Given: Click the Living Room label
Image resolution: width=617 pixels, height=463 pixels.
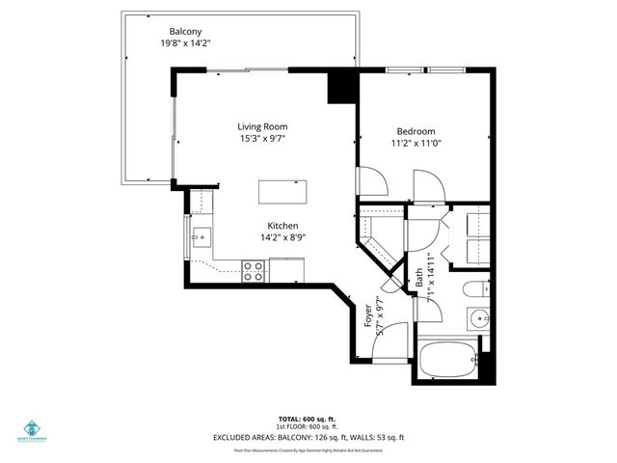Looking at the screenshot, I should (x=263, y=126).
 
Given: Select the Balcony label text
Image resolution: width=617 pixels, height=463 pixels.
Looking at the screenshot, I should (x=186, y=31).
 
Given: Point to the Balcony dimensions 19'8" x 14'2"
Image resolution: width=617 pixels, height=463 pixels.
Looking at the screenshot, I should (x=186, y=43).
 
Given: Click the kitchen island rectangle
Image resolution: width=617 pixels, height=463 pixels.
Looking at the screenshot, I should (x=283, y=191).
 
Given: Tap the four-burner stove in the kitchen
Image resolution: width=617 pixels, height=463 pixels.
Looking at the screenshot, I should (x=254, y=271).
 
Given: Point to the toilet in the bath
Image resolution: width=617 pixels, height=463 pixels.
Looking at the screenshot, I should (x=478, y=289).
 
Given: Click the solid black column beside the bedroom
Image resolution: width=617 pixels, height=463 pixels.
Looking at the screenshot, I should (x=342, y=88).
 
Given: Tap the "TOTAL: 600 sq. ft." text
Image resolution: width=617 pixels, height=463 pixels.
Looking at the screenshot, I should (x=308, y=418).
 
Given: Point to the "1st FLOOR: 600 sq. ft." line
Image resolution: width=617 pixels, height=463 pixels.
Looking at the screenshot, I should (x=308, y=426).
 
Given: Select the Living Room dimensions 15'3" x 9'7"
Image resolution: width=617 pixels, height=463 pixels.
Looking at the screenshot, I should (x=263, y=139).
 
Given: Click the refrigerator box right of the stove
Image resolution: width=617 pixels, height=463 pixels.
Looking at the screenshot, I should (x=286, y=272).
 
